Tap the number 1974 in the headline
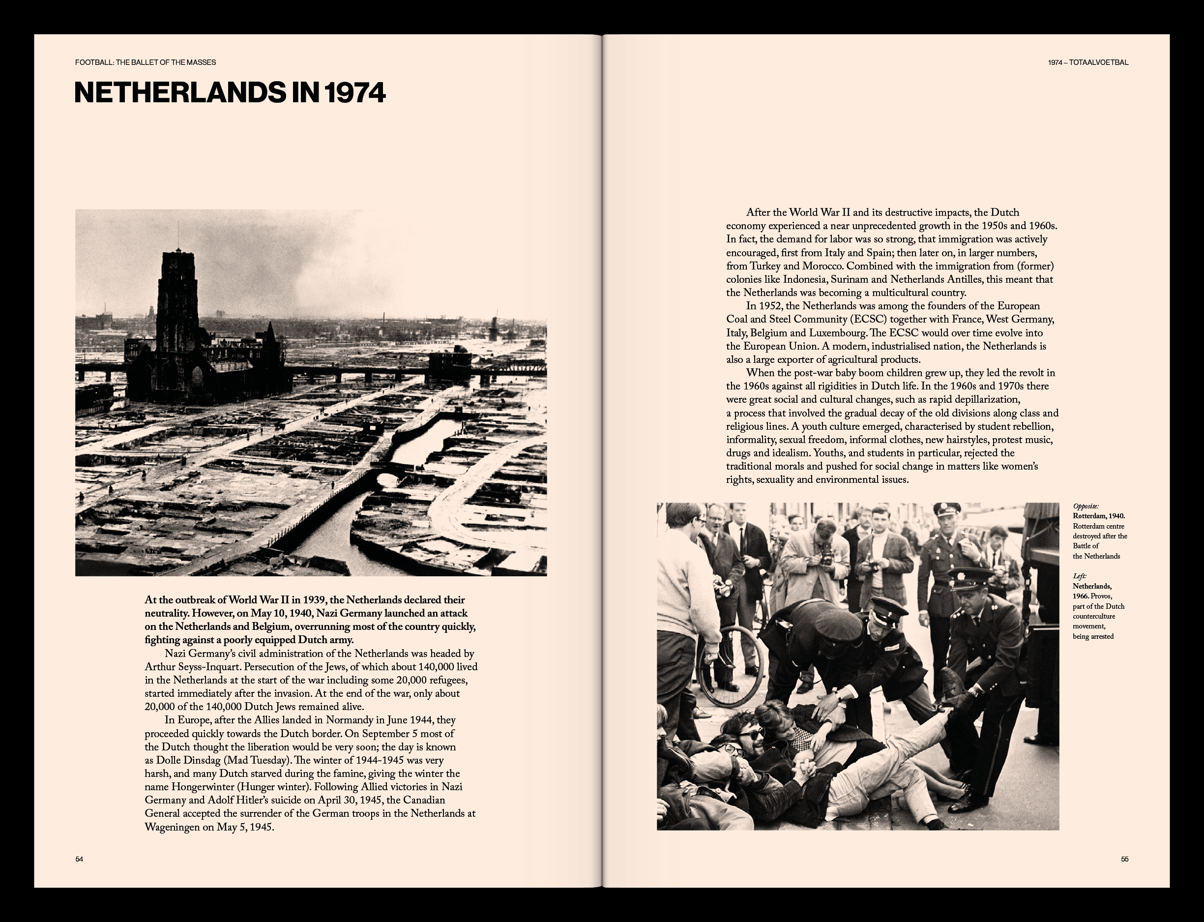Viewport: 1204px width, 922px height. (x=355, y=93)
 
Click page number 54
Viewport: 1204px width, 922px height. (x=79, y=859)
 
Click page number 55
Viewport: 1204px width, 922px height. (x=1124, y=859)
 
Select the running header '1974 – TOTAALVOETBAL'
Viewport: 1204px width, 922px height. (x=1087, y=62)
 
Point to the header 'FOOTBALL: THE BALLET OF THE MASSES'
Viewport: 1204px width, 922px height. (x=146, y=62)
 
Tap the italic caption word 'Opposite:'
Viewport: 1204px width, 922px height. (x=1086, y=506)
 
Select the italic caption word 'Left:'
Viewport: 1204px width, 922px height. (x=1080, y=576)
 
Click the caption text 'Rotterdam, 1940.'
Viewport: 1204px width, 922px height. (x=1099, y=516)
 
